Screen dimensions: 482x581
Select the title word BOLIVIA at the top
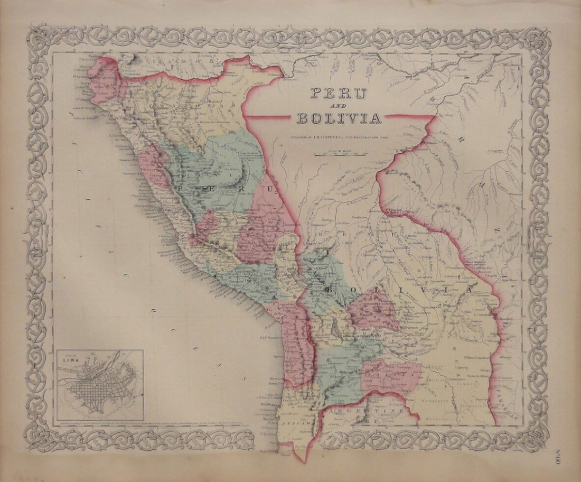(x=339, y=118)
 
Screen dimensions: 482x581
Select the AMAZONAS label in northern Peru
(x=207, y=108)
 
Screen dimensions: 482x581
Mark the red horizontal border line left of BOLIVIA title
(x=269, y=116)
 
